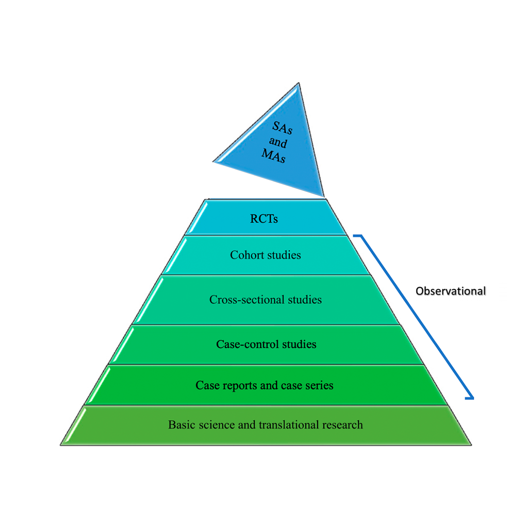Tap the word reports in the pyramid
click(237, 385)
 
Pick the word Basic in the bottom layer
click(180, 425)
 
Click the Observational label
click(451, 291)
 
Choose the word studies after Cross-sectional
click(301, 300)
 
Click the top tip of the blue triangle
click(298, 84)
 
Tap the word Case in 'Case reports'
click(206, 385)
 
